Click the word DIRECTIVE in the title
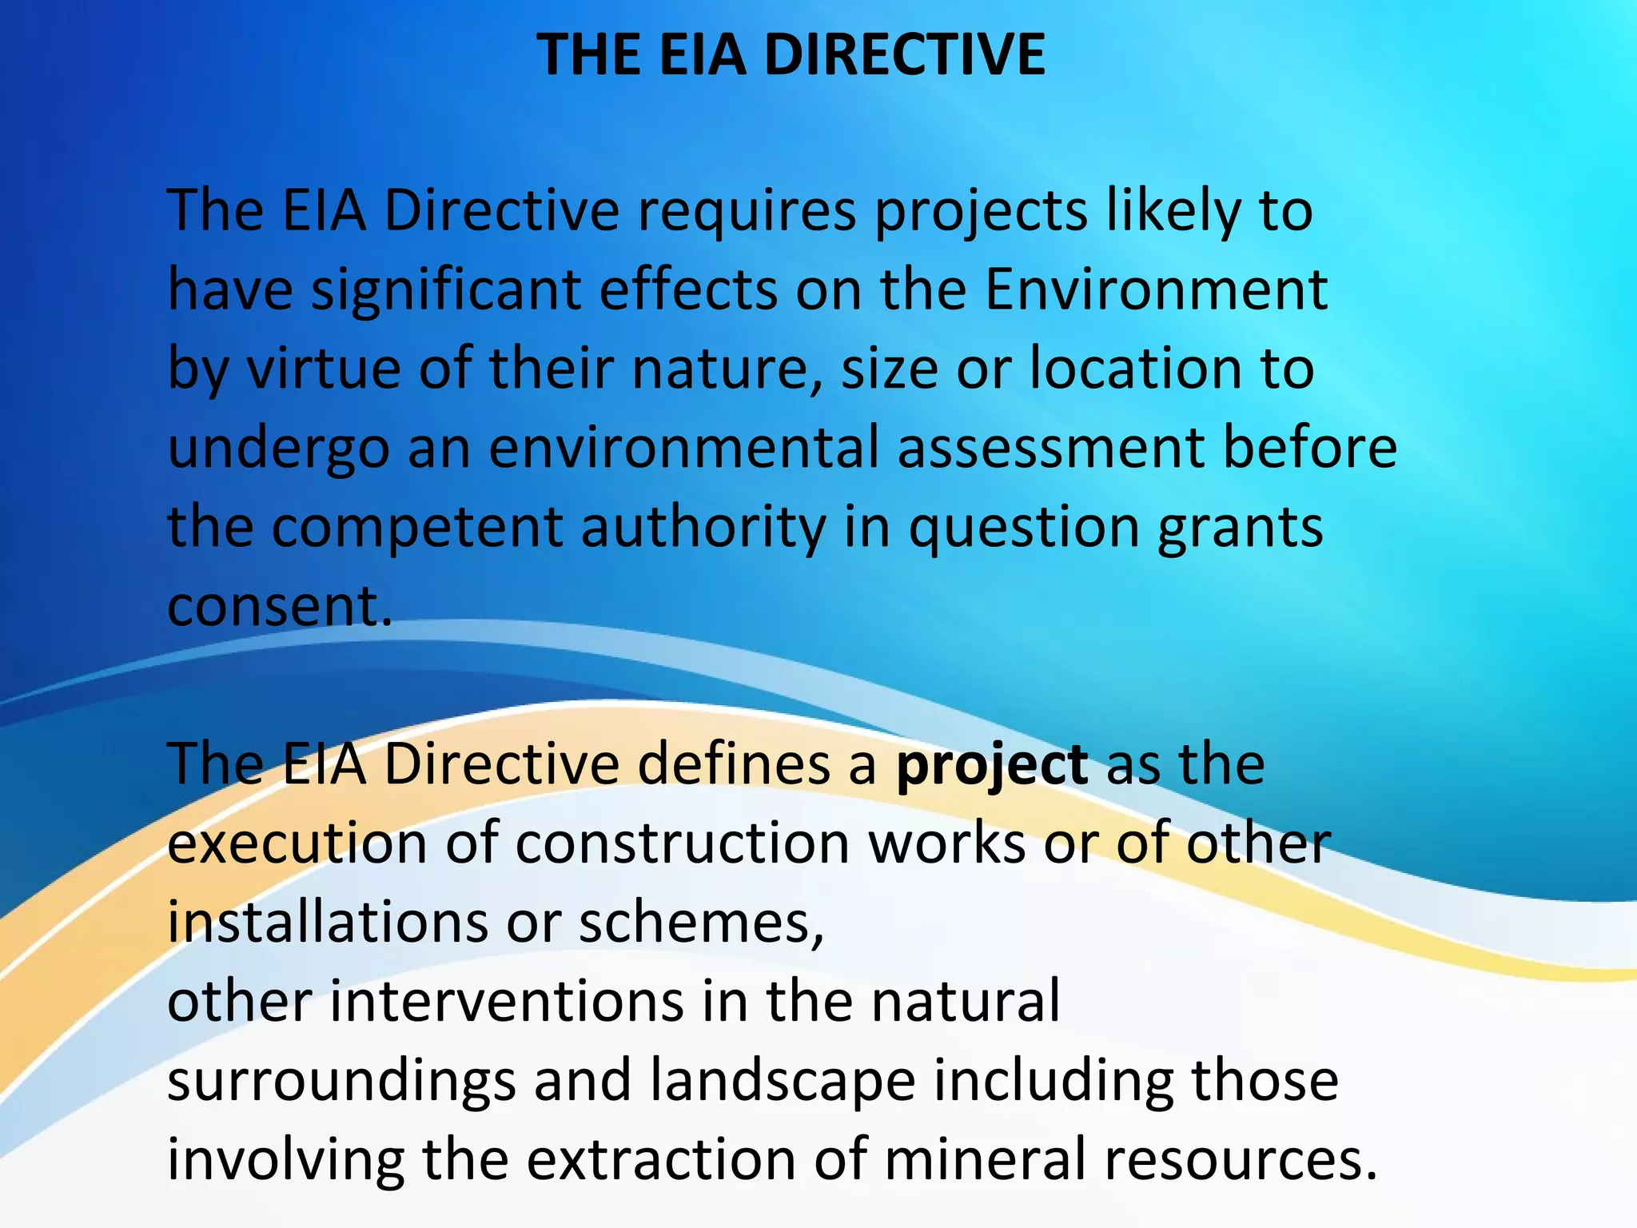[x=905, y=54]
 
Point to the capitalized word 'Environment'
[x=1156, y=289]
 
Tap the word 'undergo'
[x=278, y=448]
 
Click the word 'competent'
[x=416, y=528]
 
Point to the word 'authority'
[x=703, y=528]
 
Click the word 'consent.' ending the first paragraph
[x=280, y=605]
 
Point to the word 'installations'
[x=327, y=922]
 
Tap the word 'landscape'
[x=783, y=1081]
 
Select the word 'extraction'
[x=660, y=1159]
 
